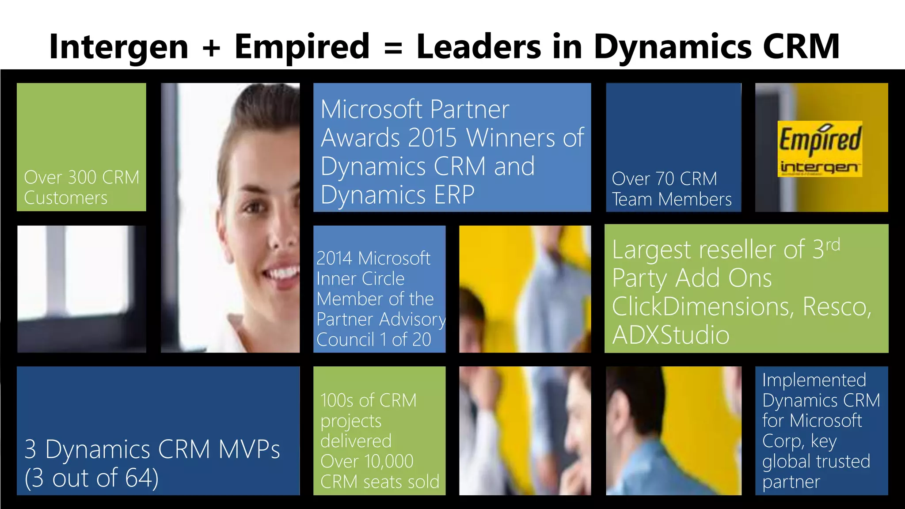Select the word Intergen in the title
coord(118,47)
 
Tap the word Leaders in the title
coord(478,46)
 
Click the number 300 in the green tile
coord(82,178)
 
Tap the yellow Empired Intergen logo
coord(820,149)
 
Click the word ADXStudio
coord(670,335)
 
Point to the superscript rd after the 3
coord(833,244)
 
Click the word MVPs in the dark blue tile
coord(249,450)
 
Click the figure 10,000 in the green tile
coord(388,462)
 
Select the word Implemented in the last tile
coord(814,380)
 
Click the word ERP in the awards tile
coord(454,195)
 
